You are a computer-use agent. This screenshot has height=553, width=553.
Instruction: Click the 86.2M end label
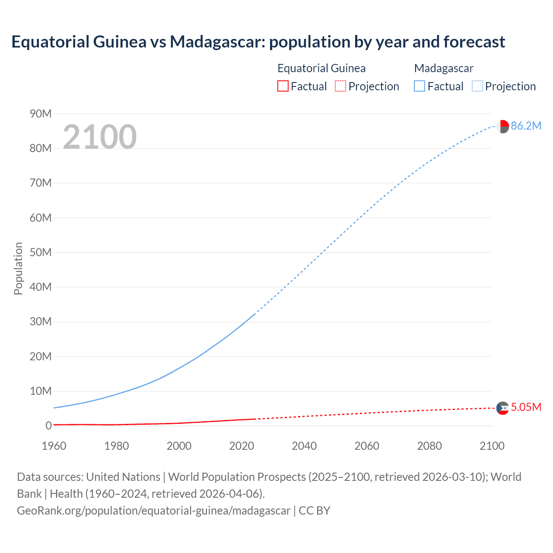[526, 126]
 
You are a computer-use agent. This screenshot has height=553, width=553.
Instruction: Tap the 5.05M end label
[526, 407]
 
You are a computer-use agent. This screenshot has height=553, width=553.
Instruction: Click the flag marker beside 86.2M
[502, 127]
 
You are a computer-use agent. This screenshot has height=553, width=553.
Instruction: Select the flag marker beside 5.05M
[502, 408]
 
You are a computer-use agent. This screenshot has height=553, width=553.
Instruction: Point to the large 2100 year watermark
[100, 137]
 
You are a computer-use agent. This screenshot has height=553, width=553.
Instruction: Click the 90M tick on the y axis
[41, 114]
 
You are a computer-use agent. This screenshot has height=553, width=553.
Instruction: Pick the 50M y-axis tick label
[41, 252]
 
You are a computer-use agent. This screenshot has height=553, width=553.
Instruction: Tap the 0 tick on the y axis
[48, 426]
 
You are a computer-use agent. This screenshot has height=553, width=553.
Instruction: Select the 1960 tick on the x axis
[54, 446]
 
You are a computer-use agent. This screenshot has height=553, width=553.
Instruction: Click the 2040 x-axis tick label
[304, 446]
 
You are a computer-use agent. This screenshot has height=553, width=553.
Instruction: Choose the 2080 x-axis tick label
[429, 446]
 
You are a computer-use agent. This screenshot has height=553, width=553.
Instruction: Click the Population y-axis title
[18, 268]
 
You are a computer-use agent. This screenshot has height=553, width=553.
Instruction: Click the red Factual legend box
[283, 86]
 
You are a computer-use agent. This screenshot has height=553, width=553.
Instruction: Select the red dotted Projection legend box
[340, 86]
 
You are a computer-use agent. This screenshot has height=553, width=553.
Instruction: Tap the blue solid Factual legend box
[420, 86]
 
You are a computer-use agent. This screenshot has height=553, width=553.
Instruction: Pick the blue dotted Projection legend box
[477, 86]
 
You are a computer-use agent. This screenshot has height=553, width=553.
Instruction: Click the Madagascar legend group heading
[444, 68]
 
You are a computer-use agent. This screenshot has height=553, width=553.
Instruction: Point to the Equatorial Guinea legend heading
[321, 68]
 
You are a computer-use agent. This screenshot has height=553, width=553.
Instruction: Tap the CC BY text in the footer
[315, 511]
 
